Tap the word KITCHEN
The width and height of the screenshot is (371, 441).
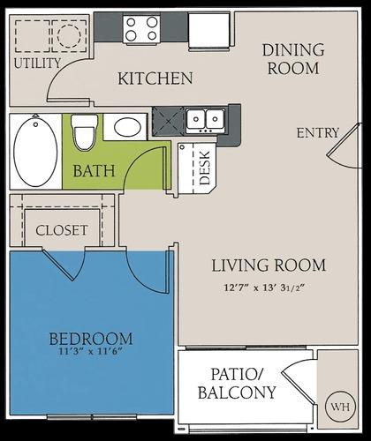click(x=155, y=78)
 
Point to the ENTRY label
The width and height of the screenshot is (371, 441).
click(x=318, y=133)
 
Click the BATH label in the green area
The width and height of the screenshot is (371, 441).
click(x=94, y=169)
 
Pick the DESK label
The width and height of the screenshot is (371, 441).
click(x=205, y=167)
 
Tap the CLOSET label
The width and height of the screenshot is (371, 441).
click(x=62, y=230)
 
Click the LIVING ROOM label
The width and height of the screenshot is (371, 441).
click(x=269, y=265)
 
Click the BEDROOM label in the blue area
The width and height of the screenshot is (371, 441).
click(x=91, y=338)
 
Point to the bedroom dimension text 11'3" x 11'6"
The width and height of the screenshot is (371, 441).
click(x=91, y=353)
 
